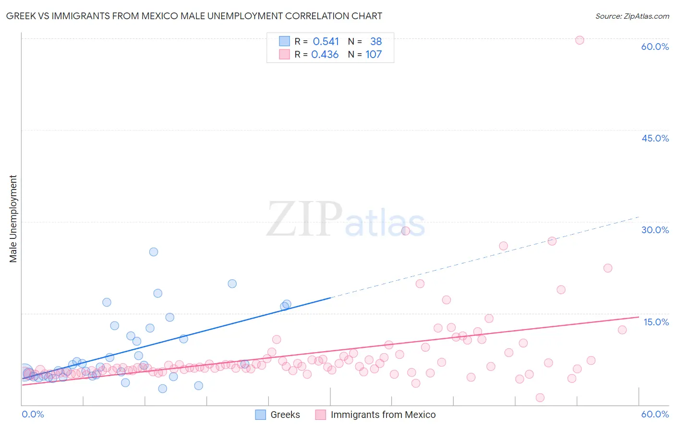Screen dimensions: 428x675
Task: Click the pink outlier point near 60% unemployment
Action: [x=579, y=40]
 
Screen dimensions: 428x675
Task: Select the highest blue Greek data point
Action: [x=154, y=252]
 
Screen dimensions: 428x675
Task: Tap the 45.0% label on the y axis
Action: [x=655, y=138]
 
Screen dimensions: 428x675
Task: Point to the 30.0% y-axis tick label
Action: [x=655, y=230]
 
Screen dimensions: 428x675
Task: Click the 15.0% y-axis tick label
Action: [x=656, y=322]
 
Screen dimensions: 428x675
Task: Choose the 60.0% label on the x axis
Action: [x=655, y=414]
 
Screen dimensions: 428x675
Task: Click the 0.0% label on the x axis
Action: [x=33, y=414]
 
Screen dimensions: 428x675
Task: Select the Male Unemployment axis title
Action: [x=13, y=219]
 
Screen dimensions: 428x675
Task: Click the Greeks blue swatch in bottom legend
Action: [x=260, y=415]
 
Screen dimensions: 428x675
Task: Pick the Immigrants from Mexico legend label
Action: [x=383, y=415]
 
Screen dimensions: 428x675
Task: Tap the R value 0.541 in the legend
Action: [x=325, y=42]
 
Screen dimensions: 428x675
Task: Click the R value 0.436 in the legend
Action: [x=325, y=55]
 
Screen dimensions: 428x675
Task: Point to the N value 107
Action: [x=374, y=55]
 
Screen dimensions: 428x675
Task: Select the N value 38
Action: [x=376, y=42]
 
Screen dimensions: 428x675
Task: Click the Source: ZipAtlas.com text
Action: [x=632, y=16]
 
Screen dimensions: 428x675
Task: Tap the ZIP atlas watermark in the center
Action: [x=346, y=220]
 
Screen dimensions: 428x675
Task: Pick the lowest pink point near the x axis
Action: [x=540, y=397]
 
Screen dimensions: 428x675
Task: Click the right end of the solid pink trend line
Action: [x=639, y=317]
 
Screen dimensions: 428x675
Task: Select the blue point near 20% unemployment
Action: [x=232, y=284]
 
